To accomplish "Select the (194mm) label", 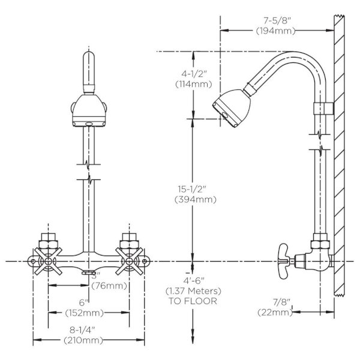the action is click(275, 31).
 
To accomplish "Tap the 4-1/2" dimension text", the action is click(194, 74).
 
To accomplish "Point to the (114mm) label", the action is click(194, 84).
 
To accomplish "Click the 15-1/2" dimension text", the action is click(192, 189).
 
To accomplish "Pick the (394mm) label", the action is click(196, 200).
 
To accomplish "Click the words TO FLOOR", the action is click(193, 301).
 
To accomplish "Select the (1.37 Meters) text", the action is click(193, 291).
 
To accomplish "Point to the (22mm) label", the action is click(275, 313).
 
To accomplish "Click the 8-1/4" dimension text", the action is click(82, 330).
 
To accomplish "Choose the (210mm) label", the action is click(83, 340).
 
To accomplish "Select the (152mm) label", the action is click(85, 313).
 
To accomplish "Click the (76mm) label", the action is click(109, 286).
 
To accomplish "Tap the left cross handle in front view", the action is click(48, 261).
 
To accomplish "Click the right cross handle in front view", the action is click(129, 261).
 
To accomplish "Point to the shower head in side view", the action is click(232, 107).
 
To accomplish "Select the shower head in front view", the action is click(89, 110).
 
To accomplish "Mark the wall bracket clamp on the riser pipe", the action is click(323, 109).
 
